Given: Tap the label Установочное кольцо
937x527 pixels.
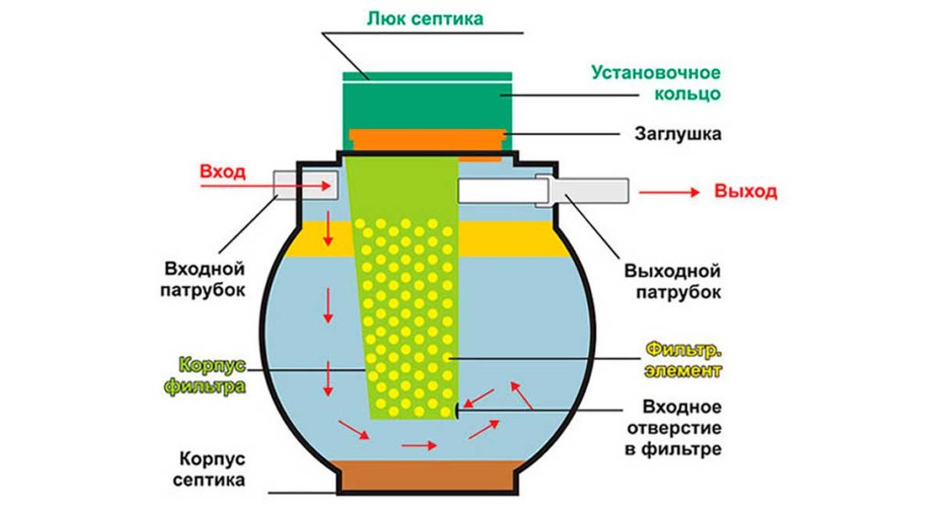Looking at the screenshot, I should click(655, 82).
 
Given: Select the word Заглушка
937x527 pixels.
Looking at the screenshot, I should click(677, 134).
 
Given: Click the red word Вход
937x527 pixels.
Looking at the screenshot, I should click(223, 171).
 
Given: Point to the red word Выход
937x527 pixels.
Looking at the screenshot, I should click(745, 192).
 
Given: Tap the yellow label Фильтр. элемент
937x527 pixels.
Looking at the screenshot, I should click(683, 360).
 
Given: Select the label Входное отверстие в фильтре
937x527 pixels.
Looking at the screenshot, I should click(675, 427).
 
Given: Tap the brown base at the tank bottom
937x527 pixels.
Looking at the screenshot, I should click(427, 475).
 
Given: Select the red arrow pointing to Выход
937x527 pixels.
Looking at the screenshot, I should click(669, 192).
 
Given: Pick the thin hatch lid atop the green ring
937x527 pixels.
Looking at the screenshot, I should click(427, 73).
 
